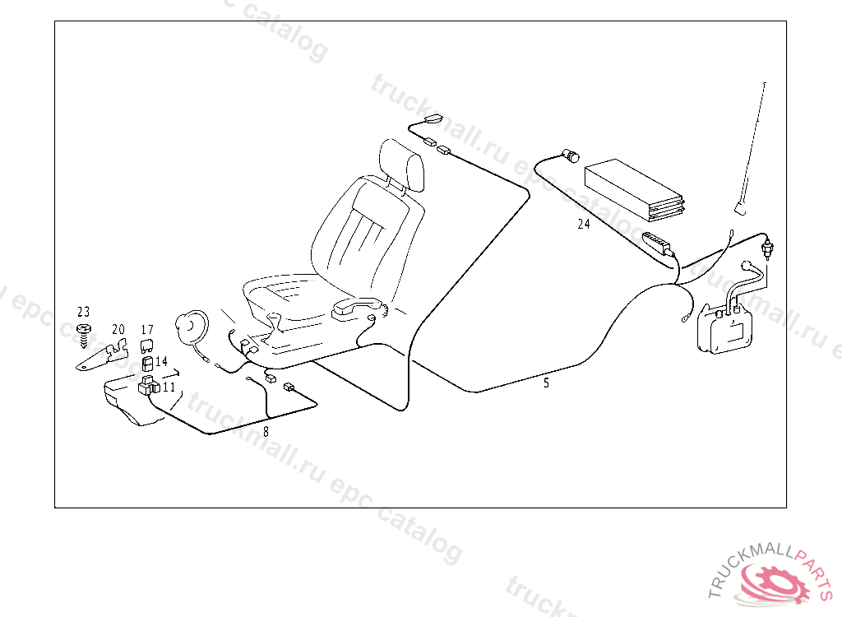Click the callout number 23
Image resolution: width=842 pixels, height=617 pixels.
point(83,312)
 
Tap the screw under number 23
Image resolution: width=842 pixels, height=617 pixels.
point(83,331)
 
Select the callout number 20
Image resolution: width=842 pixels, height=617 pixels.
point(118,330)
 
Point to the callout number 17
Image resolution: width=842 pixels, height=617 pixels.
point(147,330)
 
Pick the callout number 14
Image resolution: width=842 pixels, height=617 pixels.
point(161,361)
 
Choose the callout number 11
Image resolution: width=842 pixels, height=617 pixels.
point(169,386)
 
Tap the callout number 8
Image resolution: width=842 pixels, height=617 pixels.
point(266,429)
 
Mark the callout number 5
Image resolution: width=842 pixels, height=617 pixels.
point(546,383)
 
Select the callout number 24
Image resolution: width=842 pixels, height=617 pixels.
point(583,224)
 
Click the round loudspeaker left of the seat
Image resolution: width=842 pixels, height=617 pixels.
point(194,326)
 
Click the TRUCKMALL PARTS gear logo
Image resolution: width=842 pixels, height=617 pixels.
point(773,581)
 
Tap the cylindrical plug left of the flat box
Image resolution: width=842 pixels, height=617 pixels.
point(569,155)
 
